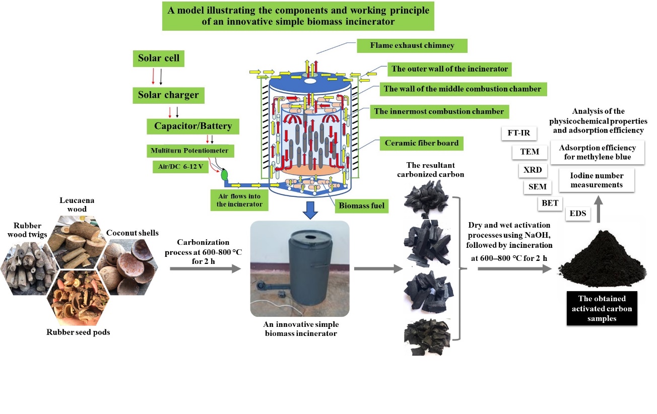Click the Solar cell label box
point(159,58)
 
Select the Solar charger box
point(168,95)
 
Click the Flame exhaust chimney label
point(412,45)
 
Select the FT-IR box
point(519,134)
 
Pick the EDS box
point(578,214)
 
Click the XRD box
point(533,170)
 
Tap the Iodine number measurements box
point(597,180)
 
